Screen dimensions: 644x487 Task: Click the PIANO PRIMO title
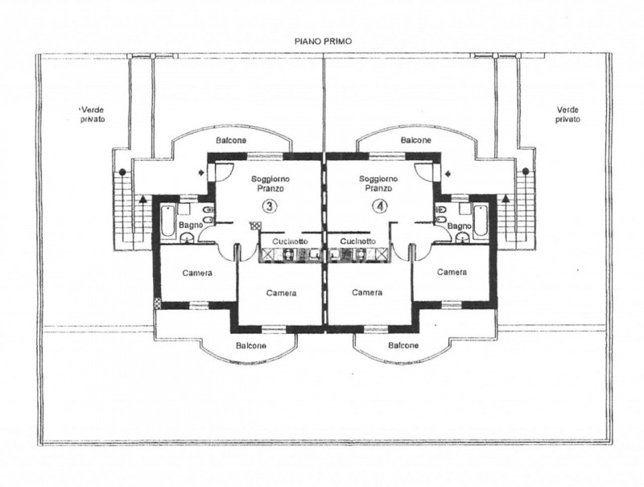(x=324, y=42)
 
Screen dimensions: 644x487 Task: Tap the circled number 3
(x=270, y=206)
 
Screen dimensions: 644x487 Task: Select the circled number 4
(x=380, y=206)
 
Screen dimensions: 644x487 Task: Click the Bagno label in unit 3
(x=191, y=225)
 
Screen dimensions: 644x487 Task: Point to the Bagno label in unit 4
(x=459, y=226)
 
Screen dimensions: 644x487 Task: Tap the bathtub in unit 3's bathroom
(x=167, y=221)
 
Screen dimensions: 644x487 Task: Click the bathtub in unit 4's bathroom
(x=480, y=221)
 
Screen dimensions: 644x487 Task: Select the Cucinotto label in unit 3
(x=290, y=241)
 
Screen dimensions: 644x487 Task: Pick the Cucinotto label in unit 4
(x=358, y=241)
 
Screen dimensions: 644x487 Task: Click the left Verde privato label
(x=93, y=114)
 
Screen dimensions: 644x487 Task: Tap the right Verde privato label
(x=568, y=114)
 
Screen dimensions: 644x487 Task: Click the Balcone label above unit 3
(x=231, y=140)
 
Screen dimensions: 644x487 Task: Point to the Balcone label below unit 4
(x=403, y=345)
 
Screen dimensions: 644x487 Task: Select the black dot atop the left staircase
(x=122, y=171)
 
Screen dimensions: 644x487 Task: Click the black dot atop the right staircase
(x=526, y=171)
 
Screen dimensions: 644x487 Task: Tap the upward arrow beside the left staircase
(x=142, y=199)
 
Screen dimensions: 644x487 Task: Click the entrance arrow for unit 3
(x=200, y=173)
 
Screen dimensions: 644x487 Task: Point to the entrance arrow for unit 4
(x=448, y=173)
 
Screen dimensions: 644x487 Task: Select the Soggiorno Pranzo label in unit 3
(x=270, y=184)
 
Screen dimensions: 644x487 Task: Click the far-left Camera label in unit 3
(x=197, y=273)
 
